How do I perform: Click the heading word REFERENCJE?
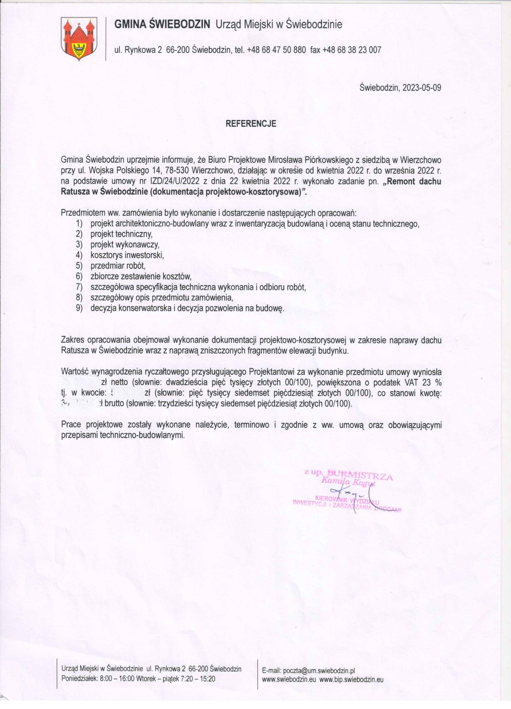pos(251,124)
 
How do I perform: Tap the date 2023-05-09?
pos(422,88)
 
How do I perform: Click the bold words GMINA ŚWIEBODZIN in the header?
pos(162,25)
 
